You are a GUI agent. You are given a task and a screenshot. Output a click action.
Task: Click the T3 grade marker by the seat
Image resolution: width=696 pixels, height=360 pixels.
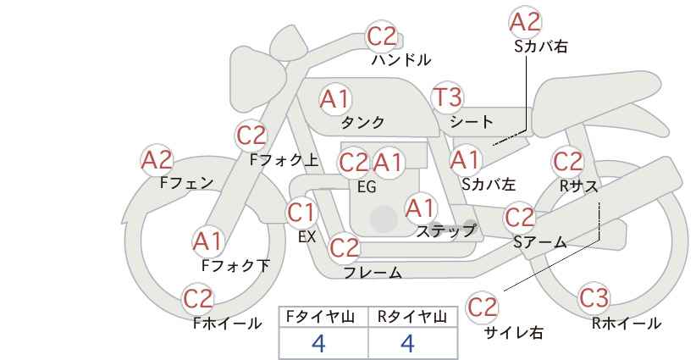point(447,97)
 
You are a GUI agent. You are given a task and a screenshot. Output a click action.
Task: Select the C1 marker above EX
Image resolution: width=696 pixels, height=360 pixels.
point(301,213)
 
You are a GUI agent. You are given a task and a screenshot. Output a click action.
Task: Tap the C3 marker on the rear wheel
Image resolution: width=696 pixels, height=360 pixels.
point(594,298)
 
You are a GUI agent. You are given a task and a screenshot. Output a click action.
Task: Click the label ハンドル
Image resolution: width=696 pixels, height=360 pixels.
point(400,59)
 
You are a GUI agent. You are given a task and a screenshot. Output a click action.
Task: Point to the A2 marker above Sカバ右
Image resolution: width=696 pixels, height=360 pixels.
point(525,22)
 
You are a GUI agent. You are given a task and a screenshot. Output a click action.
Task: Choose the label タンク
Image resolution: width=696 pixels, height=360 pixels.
point(362,122)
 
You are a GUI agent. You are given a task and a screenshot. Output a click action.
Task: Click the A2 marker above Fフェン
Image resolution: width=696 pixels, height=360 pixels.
point(157,160)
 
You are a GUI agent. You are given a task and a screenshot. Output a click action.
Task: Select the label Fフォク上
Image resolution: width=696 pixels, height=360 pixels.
point(284,160)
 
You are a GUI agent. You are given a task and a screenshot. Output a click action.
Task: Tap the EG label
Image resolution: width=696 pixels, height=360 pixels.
point(367,187)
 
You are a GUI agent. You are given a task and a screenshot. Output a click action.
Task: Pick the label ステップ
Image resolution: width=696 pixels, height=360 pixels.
point(445,231)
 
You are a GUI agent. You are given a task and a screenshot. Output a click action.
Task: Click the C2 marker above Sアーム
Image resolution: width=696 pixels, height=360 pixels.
point(519,218)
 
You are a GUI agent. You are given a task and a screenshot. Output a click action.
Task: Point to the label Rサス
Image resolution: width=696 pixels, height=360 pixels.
point(578,186)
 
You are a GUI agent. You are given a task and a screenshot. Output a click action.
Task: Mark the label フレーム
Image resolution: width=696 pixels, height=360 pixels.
point(373,273)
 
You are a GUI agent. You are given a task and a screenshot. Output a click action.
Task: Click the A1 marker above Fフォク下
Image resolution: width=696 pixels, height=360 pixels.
point(207,242)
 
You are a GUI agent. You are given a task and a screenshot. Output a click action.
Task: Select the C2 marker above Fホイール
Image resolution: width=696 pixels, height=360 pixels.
point(198,299)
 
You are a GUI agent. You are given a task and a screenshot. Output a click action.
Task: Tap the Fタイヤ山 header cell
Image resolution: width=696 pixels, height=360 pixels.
point(323,317)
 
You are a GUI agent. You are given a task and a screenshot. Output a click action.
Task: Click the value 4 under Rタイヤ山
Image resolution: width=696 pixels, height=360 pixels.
point(407,343)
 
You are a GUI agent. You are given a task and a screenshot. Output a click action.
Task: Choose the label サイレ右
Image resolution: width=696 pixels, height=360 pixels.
point(513,333)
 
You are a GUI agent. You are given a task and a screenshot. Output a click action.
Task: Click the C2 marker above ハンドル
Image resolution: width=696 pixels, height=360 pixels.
point(382,36)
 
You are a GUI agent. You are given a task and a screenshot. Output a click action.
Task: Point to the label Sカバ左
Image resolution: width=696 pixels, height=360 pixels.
point(489,184)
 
